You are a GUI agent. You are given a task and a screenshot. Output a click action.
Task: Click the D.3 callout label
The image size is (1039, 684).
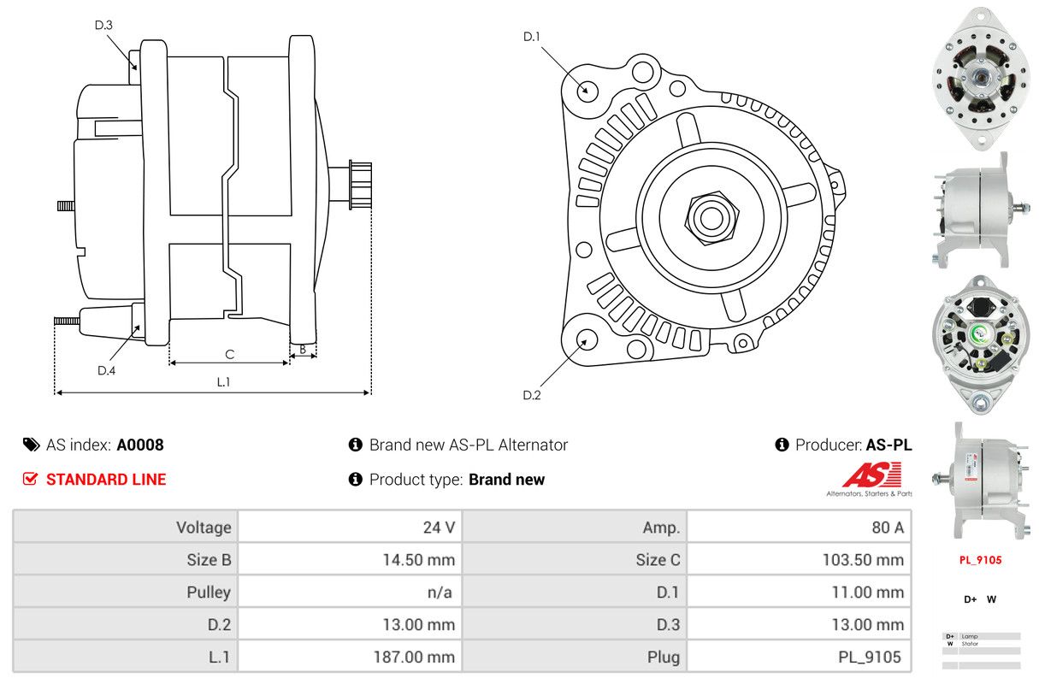click(103, 25)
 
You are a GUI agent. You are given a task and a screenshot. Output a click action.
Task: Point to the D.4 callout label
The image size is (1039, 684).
click(106, 370)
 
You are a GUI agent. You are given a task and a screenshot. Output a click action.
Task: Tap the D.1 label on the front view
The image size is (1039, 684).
click(532, 36)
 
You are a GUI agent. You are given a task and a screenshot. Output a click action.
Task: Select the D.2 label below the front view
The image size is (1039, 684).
click(532, 395)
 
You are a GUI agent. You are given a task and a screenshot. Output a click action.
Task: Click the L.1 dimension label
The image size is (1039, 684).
click(223, 382)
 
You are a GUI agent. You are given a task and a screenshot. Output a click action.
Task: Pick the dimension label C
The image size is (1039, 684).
click(229, 354)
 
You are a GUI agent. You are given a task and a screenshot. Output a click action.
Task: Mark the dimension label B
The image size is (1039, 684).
click(303, 349)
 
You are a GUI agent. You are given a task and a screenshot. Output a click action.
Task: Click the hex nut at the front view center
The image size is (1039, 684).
click(709, 217)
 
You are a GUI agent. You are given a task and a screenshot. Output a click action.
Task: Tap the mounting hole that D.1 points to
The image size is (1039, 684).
click(587, 90)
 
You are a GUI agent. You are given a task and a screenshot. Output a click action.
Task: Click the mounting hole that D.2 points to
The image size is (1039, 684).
click(586, 339)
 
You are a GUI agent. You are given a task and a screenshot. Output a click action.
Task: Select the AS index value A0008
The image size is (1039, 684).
click(140, 445)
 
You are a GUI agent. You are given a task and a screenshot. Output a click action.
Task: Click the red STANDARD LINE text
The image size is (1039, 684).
click(106, 480)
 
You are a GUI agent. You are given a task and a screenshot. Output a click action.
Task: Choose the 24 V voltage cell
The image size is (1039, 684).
click(439, 528)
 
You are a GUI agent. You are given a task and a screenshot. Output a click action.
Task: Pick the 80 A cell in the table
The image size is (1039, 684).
click(887, 528)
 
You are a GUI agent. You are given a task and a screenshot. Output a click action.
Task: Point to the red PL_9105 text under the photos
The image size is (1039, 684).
click(980, 560)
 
